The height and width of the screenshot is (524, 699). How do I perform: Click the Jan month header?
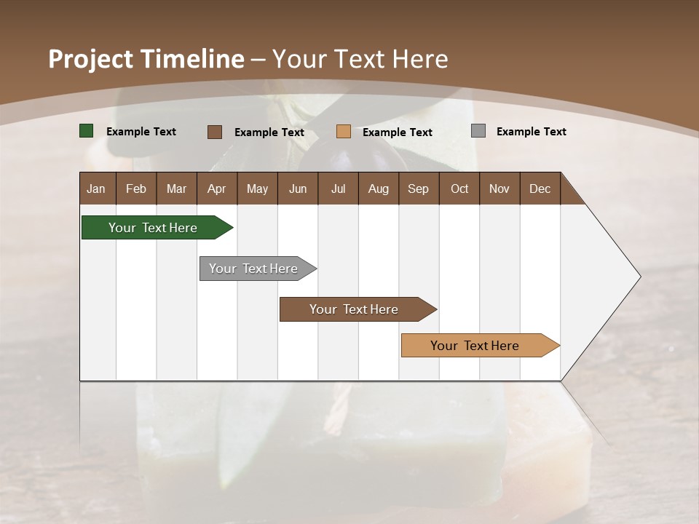(x=97, y=188)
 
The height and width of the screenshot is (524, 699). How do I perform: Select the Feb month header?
(x=136, y=188)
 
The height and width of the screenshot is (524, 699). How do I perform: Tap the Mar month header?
(x=176, y=188)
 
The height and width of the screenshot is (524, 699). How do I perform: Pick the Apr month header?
(x=217, y=188)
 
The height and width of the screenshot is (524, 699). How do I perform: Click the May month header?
(x=257, y=188)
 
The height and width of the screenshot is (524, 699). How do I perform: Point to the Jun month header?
(x=298, y=188)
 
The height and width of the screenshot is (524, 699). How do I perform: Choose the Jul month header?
(x=338, y=188)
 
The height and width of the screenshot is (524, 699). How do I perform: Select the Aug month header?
(x=379, y=188)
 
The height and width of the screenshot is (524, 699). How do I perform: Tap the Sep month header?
(x=419, y=188)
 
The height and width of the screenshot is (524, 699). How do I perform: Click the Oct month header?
(x=459, y=188)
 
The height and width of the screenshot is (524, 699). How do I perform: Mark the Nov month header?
(x=499, y=188)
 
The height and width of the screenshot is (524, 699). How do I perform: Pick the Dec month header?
(x=540, y=188)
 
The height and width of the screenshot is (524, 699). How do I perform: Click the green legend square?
(x=87, y=131)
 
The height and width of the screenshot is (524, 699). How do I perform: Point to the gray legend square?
(x=478, y=131)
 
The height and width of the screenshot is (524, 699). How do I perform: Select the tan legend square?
(x=344, y=132)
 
